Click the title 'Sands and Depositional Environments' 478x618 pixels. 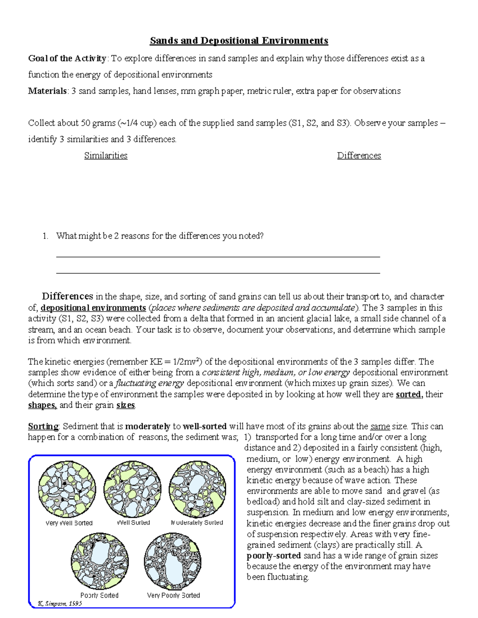(x=239, y=41)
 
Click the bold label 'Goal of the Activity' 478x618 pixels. (x=67, y=58)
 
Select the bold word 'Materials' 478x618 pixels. (x=47, y=91)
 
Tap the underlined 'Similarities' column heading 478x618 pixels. (x=106, y=156)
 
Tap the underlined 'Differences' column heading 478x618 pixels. (x=359, y=156)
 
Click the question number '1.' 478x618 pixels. (x=45, y=236)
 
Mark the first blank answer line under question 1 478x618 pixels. (x=218, y=257)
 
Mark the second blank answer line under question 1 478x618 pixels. (x=218, y=273)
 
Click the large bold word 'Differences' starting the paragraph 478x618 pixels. (x=67, y=296)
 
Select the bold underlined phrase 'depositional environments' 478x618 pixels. (x=93, y=308)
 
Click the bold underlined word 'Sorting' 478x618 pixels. (x=43, y=427)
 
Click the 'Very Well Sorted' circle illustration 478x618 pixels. (x=67, y=489)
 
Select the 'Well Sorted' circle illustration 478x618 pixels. (x=132, y=489)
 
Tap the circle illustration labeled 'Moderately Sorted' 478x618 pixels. (x=198, y=489)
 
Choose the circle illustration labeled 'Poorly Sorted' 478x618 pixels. (x=100, y=561)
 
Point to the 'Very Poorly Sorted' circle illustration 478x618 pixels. (x=172, y=561)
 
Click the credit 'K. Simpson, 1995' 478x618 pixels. (x=60, y=603)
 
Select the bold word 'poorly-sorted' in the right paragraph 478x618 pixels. (x=274, y=556)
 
